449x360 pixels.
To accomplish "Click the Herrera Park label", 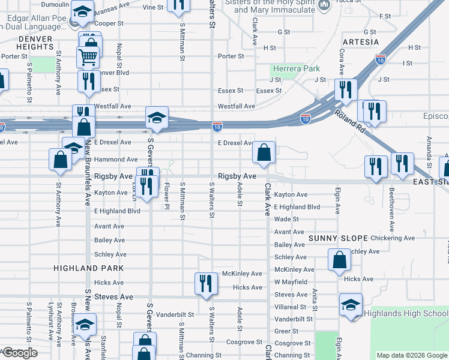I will (295, 69).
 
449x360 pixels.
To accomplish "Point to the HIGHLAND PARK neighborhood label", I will (88, 268).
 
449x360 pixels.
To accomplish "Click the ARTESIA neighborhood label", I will (361, 42).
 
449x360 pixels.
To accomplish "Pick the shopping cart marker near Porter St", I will (88, 58).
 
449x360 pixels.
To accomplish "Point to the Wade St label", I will (286, 220).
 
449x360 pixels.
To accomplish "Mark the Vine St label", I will (154, 8).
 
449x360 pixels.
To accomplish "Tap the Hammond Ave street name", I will (116, 160).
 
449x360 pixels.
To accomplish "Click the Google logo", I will (20, 353).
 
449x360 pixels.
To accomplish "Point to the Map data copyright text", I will (412, 355).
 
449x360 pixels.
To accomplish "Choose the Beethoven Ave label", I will (391, 210).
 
